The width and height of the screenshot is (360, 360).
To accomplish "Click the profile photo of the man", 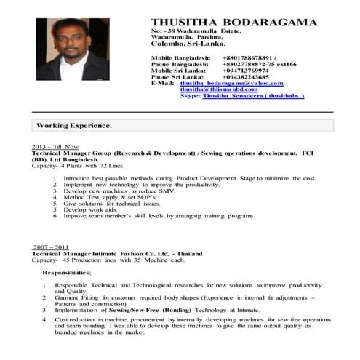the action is (x=73, y=50).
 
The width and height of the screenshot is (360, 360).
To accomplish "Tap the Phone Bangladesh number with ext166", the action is (x=260, y=63).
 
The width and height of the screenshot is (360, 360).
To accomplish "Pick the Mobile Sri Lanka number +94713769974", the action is (x=246, y=70).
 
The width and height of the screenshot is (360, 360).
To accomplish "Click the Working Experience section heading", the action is (x=74, y=126).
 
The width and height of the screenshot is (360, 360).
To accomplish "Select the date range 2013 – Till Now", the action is (x=55, y=147).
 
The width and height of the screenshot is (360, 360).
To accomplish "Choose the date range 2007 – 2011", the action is (x=50, y=247).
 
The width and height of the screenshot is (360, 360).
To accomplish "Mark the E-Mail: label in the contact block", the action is (x=162, y=83).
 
